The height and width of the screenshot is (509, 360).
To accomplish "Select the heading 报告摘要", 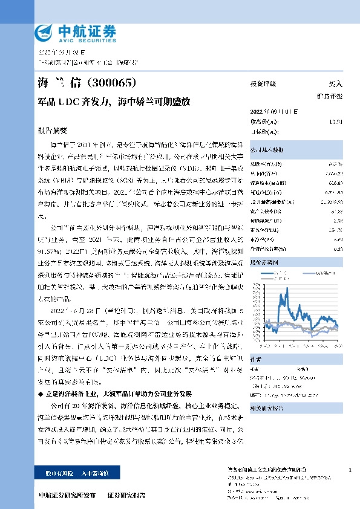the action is coord(53,131).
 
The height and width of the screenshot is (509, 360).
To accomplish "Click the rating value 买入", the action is coord(335,85).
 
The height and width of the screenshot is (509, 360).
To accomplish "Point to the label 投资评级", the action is coord(263,85).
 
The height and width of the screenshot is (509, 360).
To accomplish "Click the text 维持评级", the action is coord(330,97).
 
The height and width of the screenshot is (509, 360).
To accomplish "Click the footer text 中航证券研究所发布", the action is coord(67,495).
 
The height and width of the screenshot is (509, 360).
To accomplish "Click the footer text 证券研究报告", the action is coord(126,495).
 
